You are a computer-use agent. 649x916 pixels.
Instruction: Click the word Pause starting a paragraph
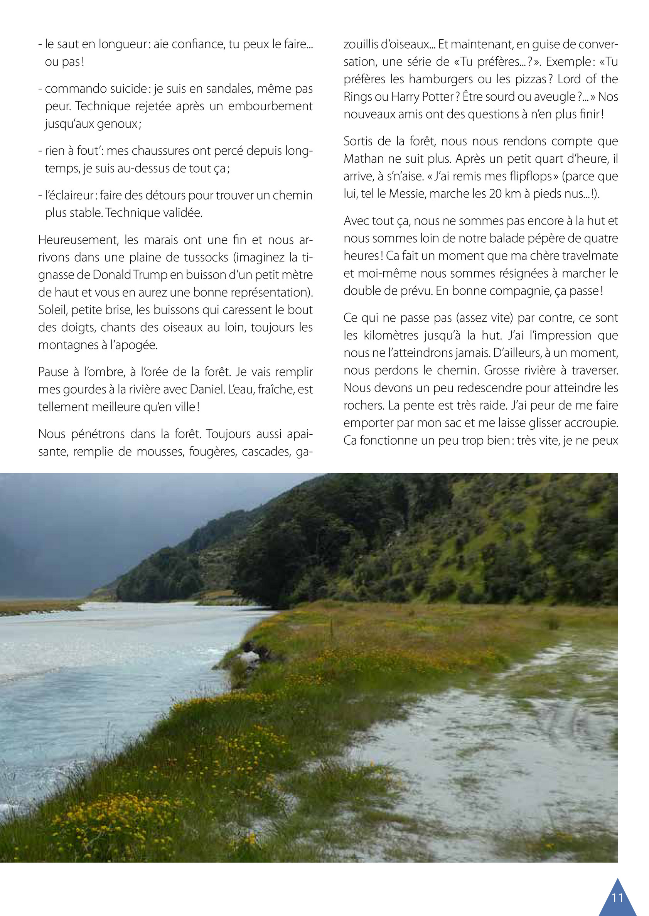coord(53,372)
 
